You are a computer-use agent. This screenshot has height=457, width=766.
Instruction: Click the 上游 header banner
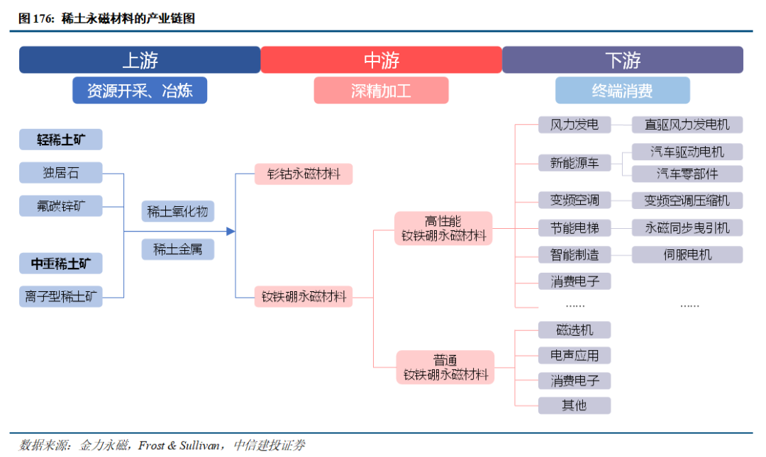coord(140,60)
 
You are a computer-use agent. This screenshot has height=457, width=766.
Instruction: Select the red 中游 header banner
coord(381,60)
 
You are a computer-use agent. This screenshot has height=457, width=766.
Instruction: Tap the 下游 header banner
coord(623,60)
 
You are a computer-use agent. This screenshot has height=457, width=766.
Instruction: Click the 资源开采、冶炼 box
coord(140,90)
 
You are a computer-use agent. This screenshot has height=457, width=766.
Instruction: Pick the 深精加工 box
coord(381,90)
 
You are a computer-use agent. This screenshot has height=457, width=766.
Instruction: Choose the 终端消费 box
coord(623,90)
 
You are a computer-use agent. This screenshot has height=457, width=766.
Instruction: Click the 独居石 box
coord(60,173)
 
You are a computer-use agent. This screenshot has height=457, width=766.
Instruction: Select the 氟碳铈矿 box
coord(60,206)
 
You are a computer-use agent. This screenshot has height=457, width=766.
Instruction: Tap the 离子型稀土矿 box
coord(60,296)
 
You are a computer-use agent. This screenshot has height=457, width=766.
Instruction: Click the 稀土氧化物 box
coord(178,211)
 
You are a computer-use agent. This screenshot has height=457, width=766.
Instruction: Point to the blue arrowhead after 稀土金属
coord(231,232)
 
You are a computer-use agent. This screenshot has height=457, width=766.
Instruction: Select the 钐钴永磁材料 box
coord(304,174)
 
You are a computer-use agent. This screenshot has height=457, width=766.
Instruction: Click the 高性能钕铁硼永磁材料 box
coord(443,228)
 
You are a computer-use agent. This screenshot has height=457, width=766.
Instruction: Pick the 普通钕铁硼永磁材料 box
coord(445,367)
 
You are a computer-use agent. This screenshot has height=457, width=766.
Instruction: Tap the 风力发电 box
coord(574,125)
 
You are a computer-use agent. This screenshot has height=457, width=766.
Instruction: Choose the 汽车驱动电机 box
coord(687,152)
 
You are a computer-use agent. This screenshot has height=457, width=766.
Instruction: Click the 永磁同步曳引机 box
coord(687,227)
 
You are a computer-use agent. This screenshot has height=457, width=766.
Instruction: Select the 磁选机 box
coord(574,330)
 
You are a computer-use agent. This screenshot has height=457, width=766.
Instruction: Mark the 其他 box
coord(574,405)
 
